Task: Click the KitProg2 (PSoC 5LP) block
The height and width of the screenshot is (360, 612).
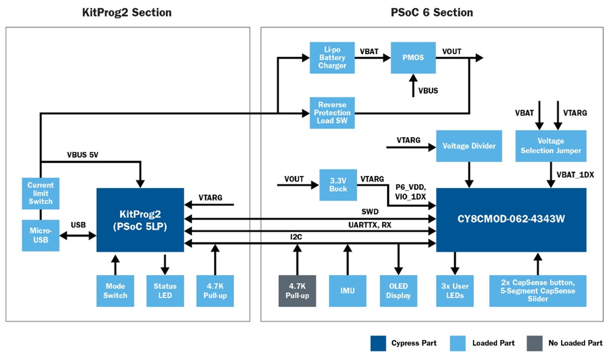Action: coord(140,219)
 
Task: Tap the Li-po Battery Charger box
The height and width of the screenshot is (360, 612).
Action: coord(331,58)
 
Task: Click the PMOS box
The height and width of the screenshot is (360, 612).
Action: coord(413,58)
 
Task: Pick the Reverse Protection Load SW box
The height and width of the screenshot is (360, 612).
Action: coord(331,112)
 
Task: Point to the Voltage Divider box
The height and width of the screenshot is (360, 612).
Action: coord(469,146)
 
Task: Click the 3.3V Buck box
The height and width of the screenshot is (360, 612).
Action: coord(338,184)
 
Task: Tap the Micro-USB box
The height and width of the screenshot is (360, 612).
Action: coord(40,236)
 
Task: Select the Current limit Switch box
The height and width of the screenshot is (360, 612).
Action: coord(40,193)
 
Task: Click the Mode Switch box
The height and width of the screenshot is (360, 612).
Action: coord(115,291)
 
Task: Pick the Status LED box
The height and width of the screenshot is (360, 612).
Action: coord(165,291)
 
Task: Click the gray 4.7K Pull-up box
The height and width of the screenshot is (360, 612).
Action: coord(297,291)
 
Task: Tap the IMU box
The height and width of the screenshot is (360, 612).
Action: coord(348,291)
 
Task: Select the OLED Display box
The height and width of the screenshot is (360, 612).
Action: coord(398,291)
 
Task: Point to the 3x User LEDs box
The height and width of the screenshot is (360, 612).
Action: coord(455,291)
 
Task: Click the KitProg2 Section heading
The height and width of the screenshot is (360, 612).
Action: coord(126,12)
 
